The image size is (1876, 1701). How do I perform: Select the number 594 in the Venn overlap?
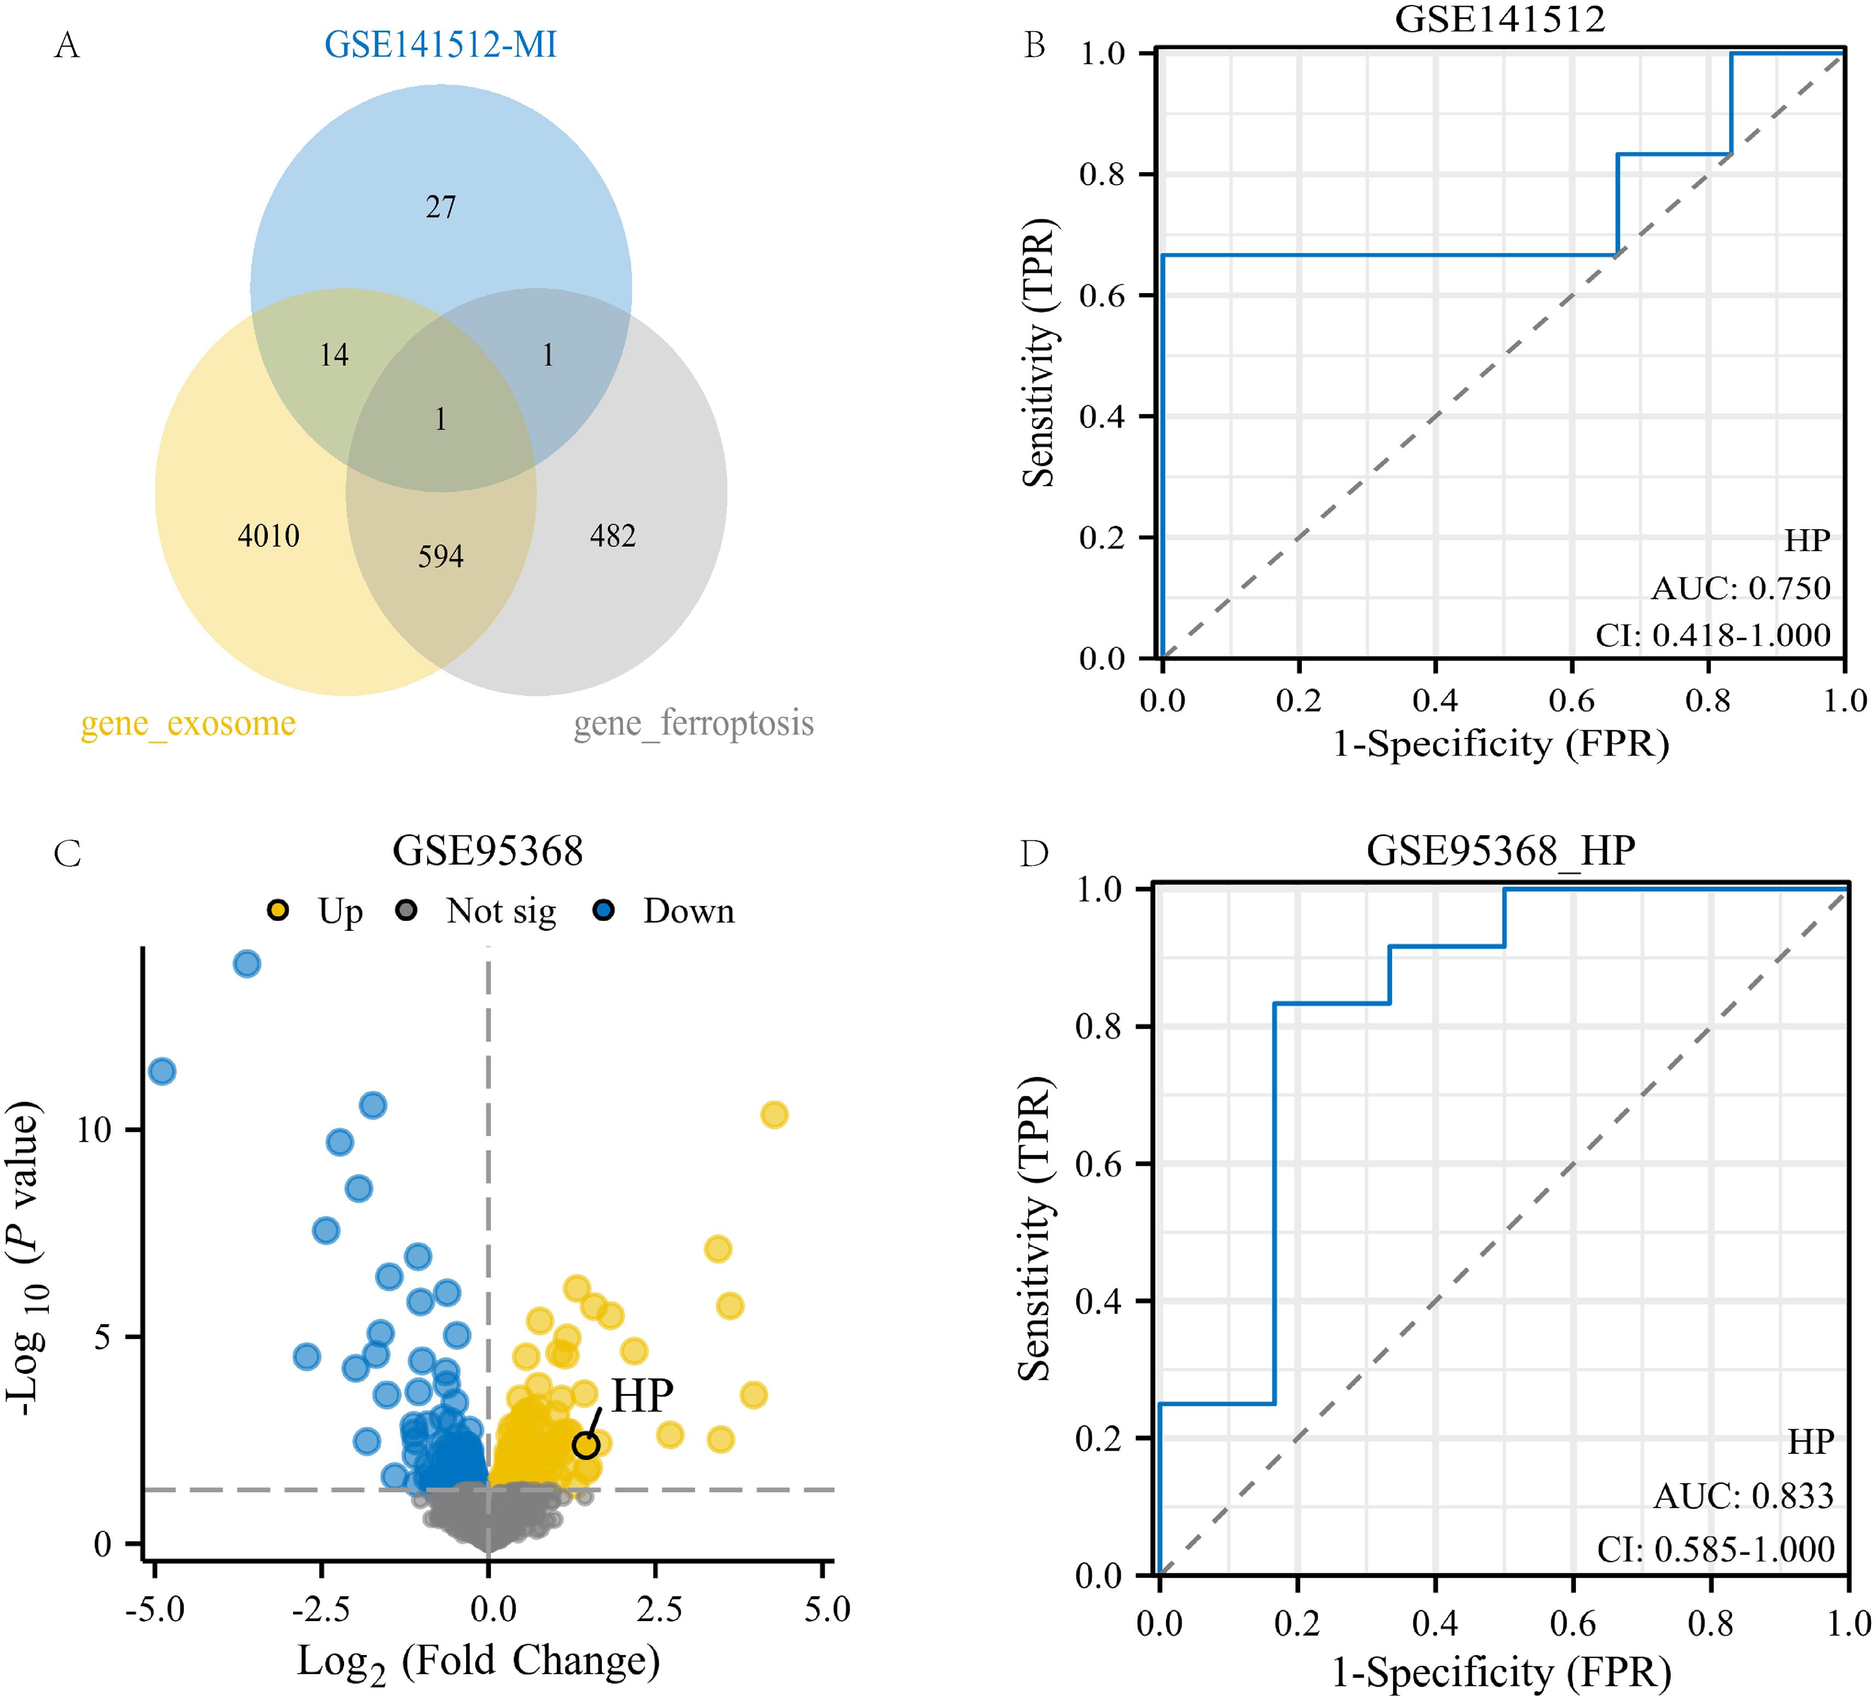(440, 557)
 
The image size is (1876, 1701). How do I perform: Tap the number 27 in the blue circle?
(441, 207)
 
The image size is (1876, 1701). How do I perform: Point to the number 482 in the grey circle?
(612, 536)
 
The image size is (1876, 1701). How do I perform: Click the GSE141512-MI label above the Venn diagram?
(440, 45)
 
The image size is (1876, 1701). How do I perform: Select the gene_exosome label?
(188, 723)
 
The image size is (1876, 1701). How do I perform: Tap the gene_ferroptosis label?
(693, 723)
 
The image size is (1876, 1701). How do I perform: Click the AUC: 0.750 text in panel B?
(1740, 588)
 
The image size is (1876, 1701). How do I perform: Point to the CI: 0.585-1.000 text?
(1715, 1549)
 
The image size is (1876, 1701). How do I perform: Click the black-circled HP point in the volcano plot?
(586, 1445)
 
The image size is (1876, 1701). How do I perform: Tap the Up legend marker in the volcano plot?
(277, 910)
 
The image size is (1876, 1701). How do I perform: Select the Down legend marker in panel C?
(604, 910)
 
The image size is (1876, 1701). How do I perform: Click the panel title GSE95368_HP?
(1500, 850)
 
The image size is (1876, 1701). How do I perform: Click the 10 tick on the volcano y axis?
(94, 1130)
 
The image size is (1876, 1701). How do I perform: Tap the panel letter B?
(1035, 45)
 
